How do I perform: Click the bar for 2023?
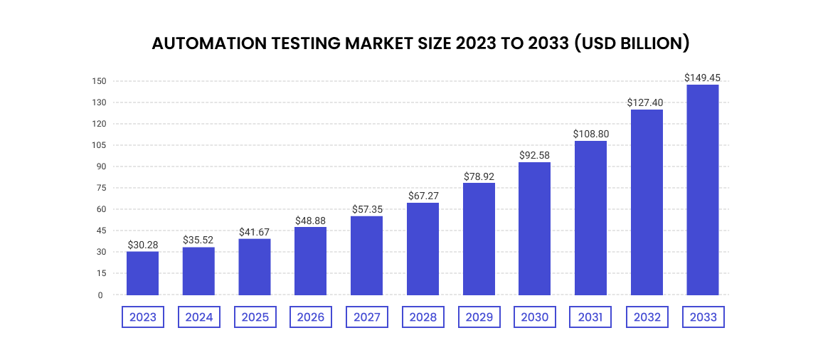click(x=142, y=273)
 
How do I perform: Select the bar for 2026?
click(x=310, y=261)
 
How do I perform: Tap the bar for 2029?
click(x=479, y=239)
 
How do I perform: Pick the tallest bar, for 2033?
click(x=702, y=190)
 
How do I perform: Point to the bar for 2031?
click(x=590, y=218)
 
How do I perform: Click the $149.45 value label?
click(x=702, y=78)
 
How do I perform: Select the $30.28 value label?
click(x=142, y=245)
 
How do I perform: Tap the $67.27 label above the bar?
click(x=423, y=196)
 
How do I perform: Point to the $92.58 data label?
click(x=534, y=155)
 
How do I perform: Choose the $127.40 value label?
click(x=646, y=102)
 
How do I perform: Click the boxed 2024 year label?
click(x=198, y=317)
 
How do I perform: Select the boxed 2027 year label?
click(x=366, y=317)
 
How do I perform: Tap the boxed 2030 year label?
click(x=534, y=317)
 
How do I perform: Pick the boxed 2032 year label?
click(x=647, y=317)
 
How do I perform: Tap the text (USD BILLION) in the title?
click(x=633, y=43)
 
